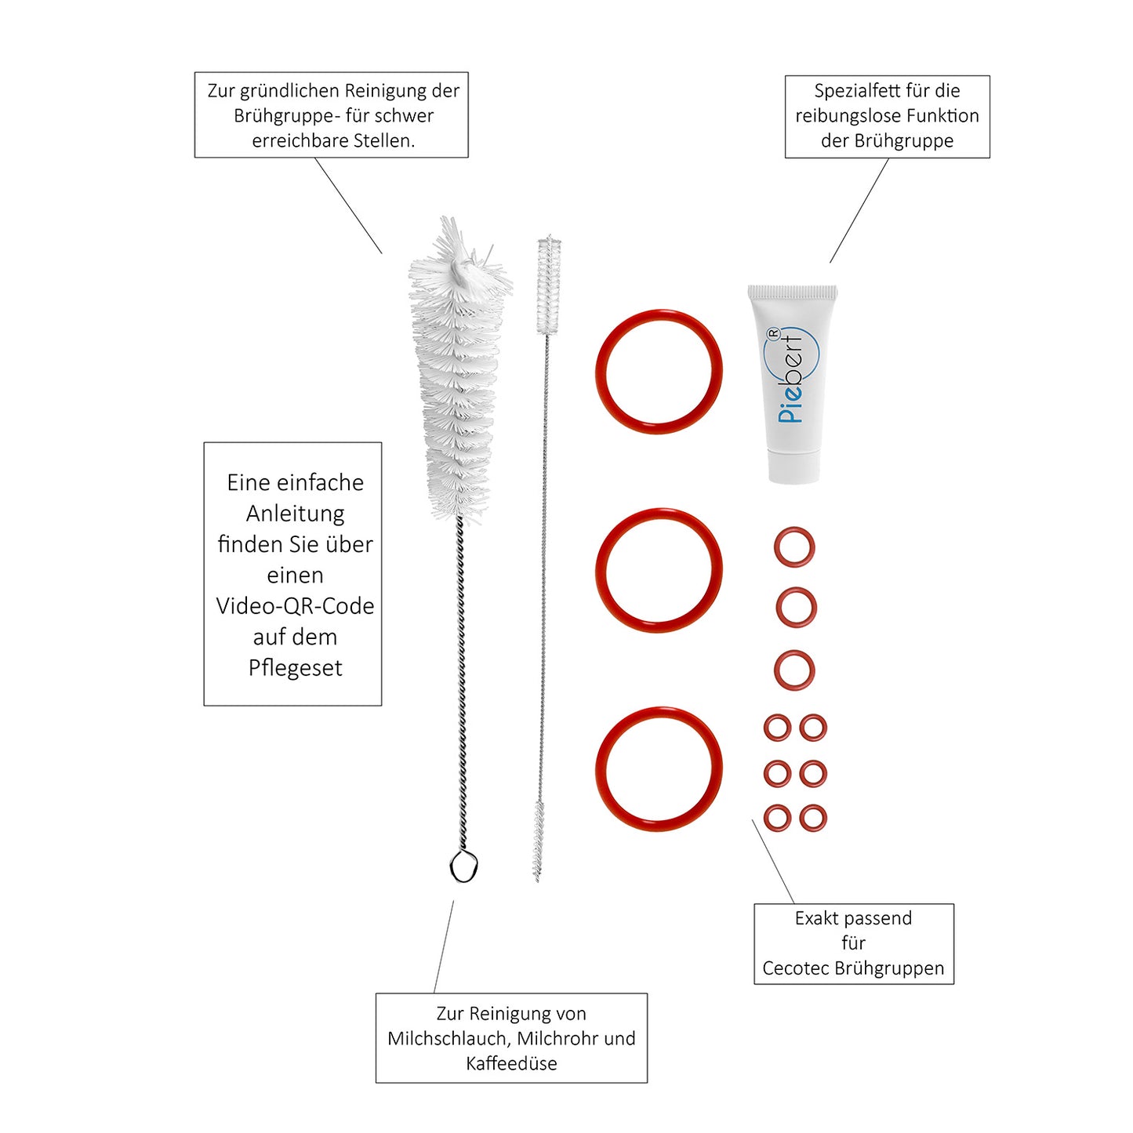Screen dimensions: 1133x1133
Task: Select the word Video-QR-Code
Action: coord(295,605)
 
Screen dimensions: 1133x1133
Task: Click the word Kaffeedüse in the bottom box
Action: coord(511,1063)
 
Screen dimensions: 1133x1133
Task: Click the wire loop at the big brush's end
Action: coord(463,866)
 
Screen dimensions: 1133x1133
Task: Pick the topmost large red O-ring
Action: coord(659,311)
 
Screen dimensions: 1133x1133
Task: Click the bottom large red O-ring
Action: coord(659,710)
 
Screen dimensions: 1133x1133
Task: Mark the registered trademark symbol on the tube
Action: coord(774,333)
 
